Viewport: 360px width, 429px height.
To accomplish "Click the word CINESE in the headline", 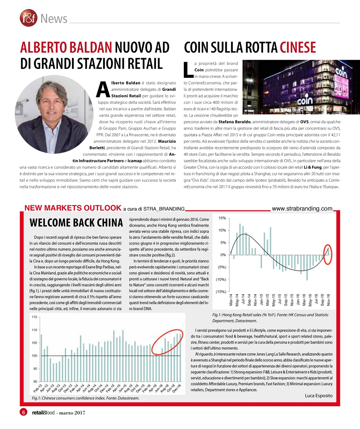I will click(x=298, y=48).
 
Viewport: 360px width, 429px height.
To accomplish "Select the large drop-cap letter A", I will click(x=102, y=89).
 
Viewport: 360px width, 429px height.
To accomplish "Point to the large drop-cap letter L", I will click(x=189, y=70).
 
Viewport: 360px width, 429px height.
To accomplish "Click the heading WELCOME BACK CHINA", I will click(x=76, y=223).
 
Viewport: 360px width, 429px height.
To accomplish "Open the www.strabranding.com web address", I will click(x=302, y=208).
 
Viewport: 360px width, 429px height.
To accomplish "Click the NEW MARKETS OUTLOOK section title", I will click(x=73, y=208).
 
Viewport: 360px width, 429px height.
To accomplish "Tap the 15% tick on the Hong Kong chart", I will click(x=222, y=218).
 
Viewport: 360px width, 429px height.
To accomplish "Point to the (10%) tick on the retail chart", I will click(x=220, y=280).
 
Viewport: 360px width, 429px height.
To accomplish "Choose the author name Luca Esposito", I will click(x=318, y=395).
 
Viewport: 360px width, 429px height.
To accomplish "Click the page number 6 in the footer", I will click(x=23, y=413).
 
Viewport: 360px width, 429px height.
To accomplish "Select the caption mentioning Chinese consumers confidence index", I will click(x=85, y=398).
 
